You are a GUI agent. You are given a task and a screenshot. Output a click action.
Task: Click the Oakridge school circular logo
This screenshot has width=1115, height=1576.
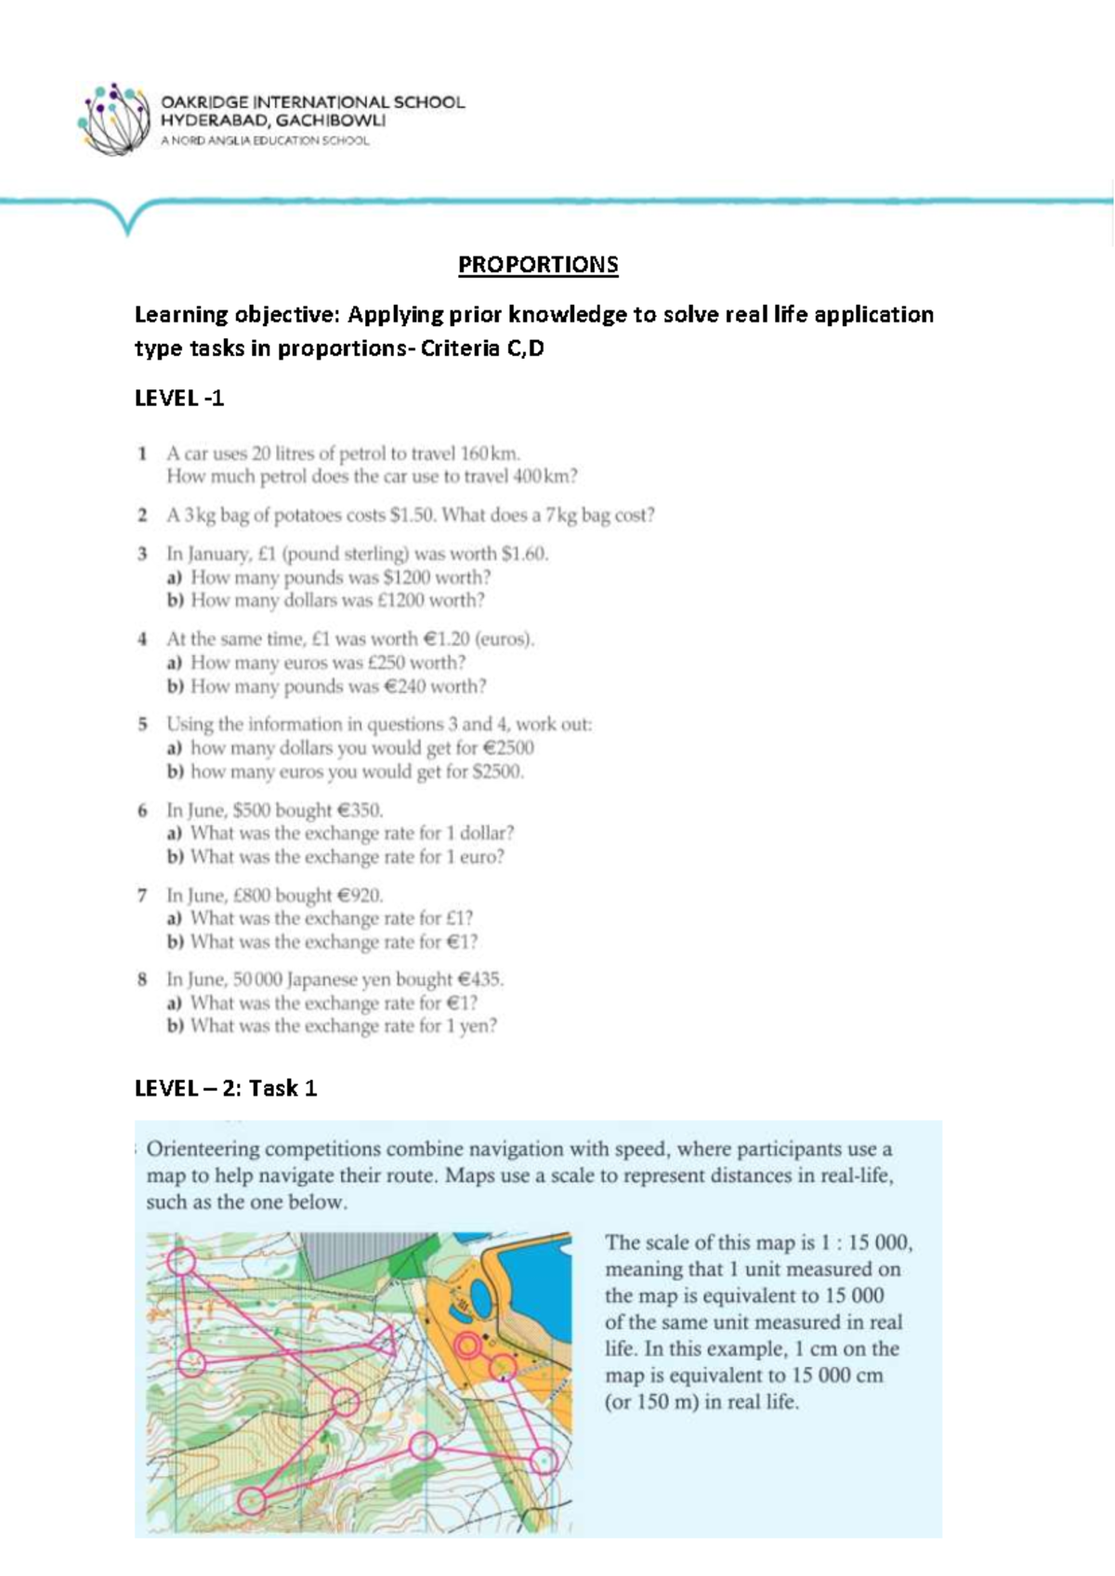pos(113,119)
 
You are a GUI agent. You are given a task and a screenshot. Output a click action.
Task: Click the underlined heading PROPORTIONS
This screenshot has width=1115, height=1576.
pos(538,265)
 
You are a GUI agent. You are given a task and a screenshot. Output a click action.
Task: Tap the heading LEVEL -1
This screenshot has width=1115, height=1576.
pos(179,399)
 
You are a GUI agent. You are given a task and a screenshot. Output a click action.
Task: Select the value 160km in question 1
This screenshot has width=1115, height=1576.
pos(490,453)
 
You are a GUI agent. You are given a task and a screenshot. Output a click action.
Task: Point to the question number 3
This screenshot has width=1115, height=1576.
pos(142,554)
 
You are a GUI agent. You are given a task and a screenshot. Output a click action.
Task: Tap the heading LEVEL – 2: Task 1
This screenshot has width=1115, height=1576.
pos(226,1088)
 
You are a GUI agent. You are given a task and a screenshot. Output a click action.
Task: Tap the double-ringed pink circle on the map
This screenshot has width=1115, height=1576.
pos(468,1346)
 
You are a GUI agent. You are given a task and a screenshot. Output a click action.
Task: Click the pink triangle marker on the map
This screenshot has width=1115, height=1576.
pos(386,1340)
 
